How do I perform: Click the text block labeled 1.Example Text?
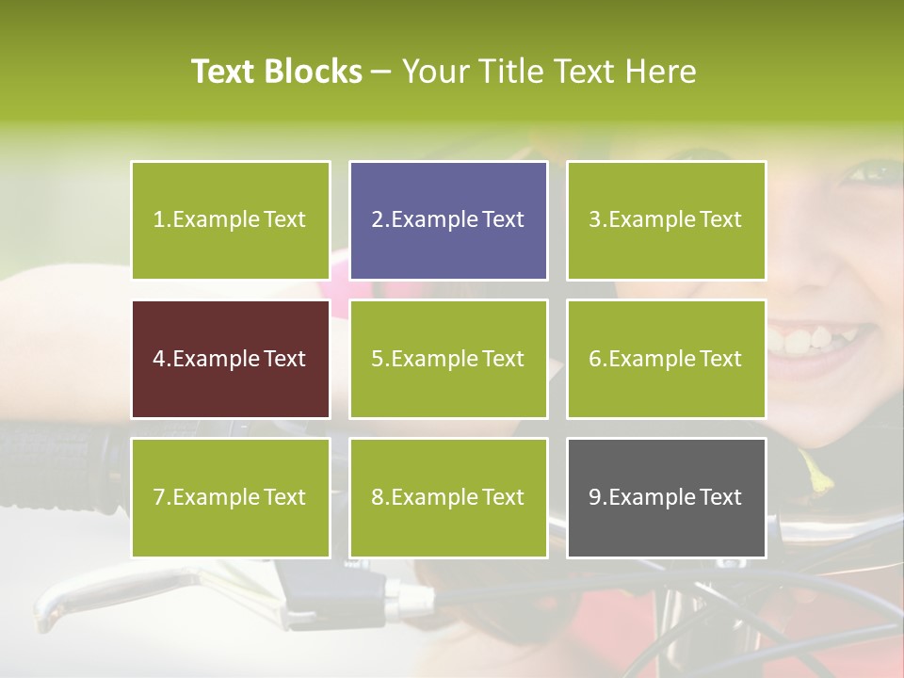(230, 220)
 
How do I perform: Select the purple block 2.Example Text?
(448, 220)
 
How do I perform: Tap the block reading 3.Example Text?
(666, 220)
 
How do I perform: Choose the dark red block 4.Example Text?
(230, 359)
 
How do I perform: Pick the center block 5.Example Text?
(448, 359)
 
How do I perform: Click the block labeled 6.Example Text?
(666, 359)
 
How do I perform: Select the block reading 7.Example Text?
(230, 497)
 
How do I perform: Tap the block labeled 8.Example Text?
(448, 497)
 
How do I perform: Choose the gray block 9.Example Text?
(666, 497)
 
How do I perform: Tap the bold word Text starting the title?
(226, 72)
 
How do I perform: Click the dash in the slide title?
(382, 72)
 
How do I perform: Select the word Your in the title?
(436, 72)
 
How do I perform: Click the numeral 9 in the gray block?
(595, 497)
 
